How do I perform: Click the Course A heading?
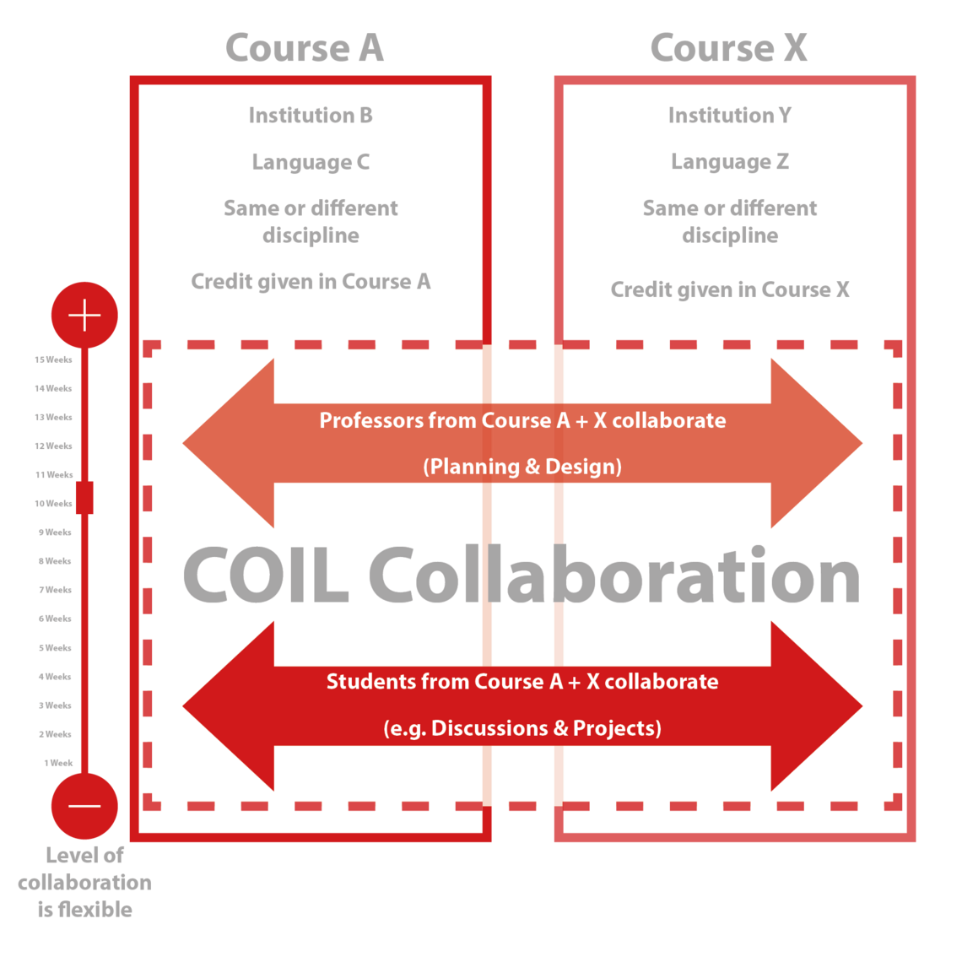305,48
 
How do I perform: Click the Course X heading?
729,48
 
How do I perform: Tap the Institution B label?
311,116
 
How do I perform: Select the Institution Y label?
730,116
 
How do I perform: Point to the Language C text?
311,162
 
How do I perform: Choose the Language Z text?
730,162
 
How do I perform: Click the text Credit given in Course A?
311,282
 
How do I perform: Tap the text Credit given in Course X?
730,289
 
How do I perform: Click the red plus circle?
84,316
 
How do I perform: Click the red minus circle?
84,806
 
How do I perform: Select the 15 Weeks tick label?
53,359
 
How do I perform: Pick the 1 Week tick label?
58,763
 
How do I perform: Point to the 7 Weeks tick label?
55,590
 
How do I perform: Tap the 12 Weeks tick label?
53,446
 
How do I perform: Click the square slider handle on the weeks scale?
84,498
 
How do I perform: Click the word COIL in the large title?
266,575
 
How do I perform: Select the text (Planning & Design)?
522,467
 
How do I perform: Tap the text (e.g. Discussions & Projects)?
522,728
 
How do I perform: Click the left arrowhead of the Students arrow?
228,706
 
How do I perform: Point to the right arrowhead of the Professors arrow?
817,443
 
